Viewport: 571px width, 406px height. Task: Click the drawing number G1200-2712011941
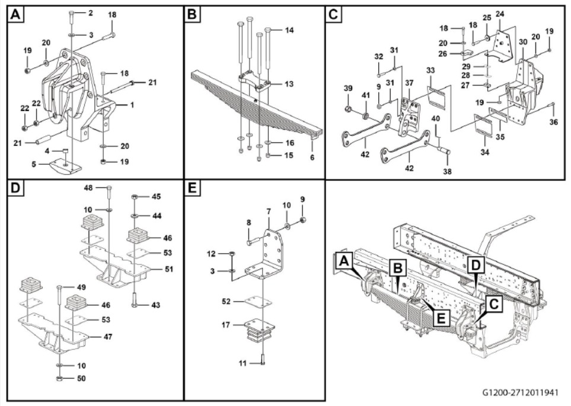point(520,392)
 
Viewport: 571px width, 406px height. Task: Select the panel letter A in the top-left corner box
point(15,15)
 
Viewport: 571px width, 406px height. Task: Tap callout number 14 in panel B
point(289,30)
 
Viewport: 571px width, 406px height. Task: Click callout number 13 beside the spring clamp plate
point(289,84)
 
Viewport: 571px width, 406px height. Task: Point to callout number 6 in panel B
point(312,158)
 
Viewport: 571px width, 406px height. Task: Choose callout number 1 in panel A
point(132,105)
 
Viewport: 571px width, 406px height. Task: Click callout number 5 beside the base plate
point(34,164)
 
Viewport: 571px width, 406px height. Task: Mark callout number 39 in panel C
point(348,89)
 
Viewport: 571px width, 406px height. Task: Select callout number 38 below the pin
point(447,171)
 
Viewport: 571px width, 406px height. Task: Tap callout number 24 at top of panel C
point(500,14)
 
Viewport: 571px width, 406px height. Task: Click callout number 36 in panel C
point(554,122)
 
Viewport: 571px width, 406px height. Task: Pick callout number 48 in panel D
point(88,188)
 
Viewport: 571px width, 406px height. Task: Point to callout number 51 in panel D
point(168,270)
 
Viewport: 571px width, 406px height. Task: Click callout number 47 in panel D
point(108,337)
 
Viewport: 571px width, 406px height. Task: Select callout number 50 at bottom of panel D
point(81,379)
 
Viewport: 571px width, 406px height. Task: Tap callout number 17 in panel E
point(226,324)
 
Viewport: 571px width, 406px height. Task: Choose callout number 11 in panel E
point(243,363)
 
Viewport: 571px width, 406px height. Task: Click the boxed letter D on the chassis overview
point(476,265)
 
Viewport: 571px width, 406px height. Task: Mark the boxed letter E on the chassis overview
point(441,319)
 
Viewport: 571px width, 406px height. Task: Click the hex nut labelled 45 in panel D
point(134,197)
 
